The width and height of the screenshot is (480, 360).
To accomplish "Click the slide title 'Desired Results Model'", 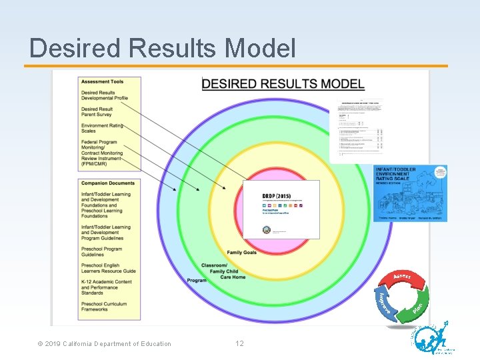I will [x=163, y=48].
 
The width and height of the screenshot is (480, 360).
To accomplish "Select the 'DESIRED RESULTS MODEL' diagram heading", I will [x=283, y=84].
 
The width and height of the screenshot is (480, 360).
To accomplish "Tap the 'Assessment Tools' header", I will [x=102, y=82].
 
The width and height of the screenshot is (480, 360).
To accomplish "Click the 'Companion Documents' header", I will [x=107, y=183].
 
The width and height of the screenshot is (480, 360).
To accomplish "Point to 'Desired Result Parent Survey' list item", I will [x=97, y=112].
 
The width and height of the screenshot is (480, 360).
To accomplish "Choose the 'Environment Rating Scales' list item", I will [x=102, y=128].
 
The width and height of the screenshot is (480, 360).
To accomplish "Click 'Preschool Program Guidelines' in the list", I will [x=101, y=251].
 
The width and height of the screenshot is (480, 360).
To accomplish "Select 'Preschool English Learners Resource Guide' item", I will [x=108, y=268].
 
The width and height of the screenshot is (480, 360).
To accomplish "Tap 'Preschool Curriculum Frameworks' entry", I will [x=103, y=306].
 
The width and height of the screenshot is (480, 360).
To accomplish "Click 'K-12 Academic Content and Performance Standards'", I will [x=106, y=287].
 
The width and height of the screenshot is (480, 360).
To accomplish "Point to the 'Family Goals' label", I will [x=241, y=253].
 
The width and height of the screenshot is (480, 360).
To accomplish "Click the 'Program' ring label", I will [x=197, y=281].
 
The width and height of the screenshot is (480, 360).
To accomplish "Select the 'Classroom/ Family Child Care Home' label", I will [x=223, y=271].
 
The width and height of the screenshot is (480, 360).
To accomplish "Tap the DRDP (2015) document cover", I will [x=281, y=209].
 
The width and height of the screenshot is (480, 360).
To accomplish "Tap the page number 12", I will [x=239, y=344].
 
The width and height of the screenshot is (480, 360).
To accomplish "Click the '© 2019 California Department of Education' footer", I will [x=105, y=344].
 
